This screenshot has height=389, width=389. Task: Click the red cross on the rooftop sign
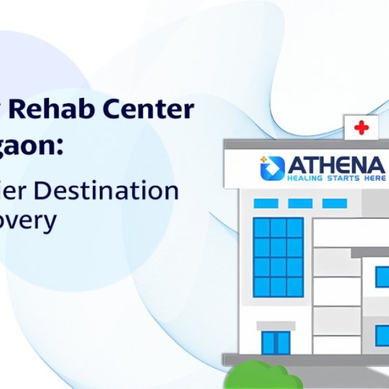point(362,128)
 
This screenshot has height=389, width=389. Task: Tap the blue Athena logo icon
point(272,168)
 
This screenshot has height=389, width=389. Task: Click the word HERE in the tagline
point(371,179)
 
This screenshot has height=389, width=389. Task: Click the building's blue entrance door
point(275,343)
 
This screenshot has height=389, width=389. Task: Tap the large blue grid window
point(278,257)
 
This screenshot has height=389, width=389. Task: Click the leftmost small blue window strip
point(266,203)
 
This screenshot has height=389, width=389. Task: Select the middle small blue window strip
point(300,203)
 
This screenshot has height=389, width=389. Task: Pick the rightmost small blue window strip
point(334,203)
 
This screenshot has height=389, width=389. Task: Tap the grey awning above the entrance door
point(275,326)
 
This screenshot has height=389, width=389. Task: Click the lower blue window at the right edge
point(382,336)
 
